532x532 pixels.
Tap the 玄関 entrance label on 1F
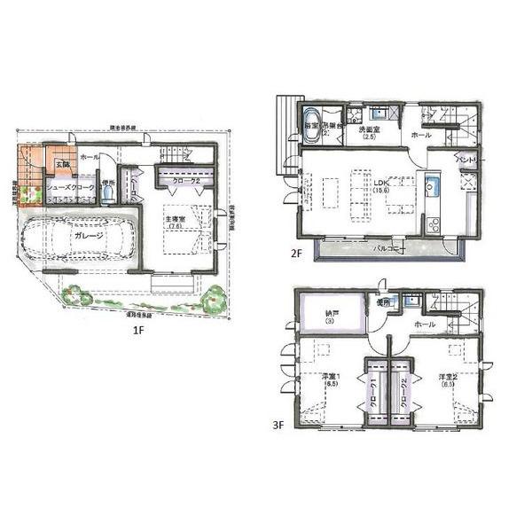point(62,164)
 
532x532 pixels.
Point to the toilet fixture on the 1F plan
point(106,199)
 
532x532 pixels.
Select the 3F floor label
point(278,424)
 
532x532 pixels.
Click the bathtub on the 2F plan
point(311,122)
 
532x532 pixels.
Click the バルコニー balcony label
point(387,250)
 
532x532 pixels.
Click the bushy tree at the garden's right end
point(213,300)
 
